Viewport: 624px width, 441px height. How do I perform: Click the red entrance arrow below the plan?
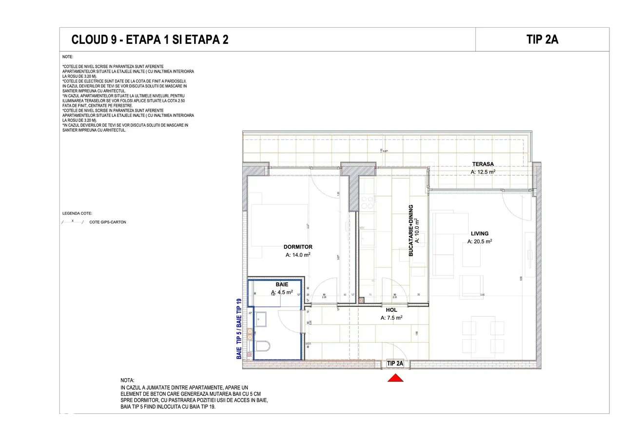(395, 378)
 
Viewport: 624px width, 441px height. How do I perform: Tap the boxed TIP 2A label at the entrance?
(395, 364)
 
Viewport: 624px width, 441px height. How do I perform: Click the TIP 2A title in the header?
(542, 39)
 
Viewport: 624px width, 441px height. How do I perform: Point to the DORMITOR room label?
(298, 247)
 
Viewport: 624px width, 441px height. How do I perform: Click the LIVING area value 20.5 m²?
(479, 242)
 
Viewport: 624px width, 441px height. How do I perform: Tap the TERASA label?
(483, 164)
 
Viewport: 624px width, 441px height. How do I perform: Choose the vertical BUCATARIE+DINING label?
(411, 230)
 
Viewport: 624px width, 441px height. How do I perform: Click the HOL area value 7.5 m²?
(391, 318)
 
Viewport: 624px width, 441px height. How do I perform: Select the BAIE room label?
(282, 284)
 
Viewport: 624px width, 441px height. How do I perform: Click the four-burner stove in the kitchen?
(367, 202)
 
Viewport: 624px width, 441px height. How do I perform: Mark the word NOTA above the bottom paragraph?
(127, 380)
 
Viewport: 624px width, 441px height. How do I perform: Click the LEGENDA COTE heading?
(77, 213)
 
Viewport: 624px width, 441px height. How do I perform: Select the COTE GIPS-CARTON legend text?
(108, 222)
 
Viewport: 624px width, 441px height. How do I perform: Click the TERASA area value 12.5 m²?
(483, 172)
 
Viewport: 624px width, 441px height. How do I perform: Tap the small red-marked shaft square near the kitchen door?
(361, 301)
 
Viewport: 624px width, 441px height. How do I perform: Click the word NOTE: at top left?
(68, 57)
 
